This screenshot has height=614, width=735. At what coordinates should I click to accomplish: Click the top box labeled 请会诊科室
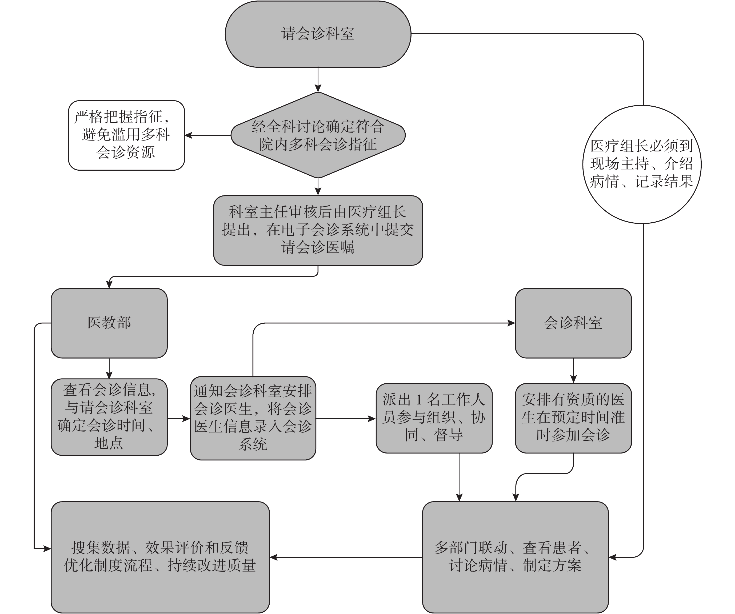318,34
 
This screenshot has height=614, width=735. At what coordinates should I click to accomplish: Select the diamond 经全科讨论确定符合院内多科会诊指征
318,135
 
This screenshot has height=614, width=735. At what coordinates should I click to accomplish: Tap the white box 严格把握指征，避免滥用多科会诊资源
126,135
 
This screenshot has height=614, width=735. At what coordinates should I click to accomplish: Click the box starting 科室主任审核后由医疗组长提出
318,230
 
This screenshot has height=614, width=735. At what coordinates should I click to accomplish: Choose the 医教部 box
109,323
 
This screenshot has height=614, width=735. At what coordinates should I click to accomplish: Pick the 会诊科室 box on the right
573,323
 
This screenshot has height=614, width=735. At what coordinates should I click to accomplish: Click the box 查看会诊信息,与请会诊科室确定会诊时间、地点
109,417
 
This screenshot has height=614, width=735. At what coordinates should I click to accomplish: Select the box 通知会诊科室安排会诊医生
253,418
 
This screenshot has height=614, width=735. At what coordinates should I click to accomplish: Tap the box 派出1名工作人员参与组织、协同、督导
434,418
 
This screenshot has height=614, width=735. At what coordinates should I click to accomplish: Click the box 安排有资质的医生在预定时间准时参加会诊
573,418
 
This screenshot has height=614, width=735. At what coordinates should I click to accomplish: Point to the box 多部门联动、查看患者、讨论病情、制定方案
515,557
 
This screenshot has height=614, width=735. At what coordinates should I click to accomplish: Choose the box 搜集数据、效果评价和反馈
160,557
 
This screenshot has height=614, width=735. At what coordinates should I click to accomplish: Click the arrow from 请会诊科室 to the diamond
318,80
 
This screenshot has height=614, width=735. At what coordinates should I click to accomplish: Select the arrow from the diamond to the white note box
207,135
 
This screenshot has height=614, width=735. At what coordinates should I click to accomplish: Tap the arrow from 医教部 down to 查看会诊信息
109,368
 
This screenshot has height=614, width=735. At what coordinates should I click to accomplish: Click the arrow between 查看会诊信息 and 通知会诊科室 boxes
179,418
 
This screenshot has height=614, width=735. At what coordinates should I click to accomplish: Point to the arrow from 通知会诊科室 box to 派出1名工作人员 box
346,418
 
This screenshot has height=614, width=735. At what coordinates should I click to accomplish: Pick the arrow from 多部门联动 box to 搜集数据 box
346,557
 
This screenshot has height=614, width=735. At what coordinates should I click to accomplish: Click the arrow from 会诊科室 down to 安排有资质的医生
573,371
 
